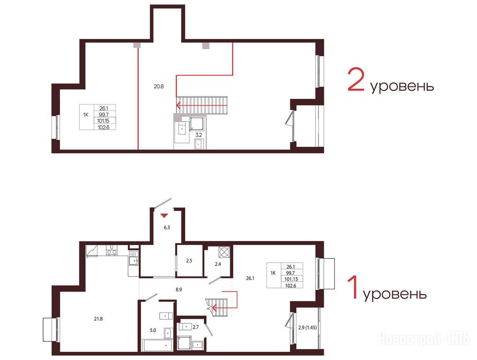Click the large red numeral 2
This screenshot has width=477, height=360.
356,80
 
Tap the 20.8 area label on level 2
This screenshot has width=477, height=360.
159,86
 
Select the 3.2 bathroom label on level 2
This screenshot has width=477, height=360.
198,135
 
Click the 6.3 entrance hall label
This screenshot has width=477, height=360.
167,227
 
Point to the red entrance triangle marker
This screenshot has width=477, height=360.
164,216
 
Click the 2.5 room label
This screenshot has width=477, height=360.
189,261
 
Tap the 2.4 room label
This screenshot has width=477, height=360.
218,264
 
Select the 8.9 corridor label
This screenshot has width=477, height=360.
179,290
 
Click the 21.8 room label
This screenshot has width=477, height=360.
98,319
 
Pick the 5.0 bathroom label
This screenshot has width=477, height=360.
153,330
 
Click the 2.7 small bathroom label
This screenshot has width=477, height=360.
196,327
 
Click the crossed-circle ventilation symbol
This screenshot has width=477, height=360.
224,252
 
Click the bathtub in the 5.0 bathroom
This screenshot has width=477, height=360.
158,345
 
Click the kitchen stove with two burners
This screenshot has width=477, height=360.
111,252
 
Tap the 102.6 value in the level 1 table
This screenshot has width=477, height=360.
290,285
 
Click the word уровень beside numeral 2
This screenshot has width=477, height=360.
402,86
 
